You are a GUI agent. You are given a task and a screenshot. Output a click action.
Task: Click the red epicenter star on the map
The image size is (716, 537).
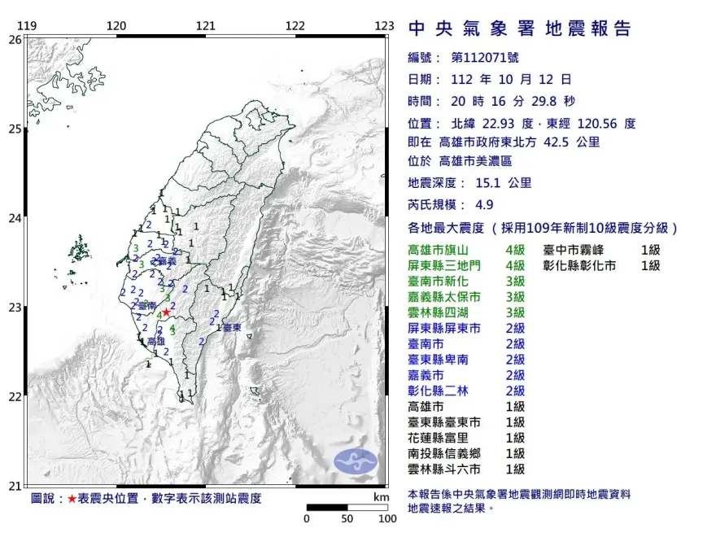[x=166, y=312]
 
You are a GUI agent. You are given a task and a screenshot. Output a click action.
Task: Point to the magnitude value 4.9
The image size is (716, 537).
[x=483, y=205]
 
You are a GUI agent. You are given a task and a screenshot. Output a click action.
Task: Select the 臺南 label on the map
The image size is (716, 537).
[x=147, y=305]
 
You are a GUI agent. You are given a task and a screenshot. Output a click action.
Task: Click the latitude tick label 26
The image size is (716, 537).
[x=15, y=39]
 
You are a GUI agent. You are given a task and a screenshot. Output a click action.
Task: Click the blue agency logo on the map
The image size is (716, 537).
[x=356, y=461]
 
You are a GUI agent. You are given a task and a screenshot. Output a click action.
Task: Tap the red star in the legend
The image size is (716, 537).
[x=73, y=498]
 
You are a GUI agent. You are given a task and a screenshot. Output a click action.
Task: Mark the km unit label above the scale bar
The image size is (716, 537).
[x=381, y=496]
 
